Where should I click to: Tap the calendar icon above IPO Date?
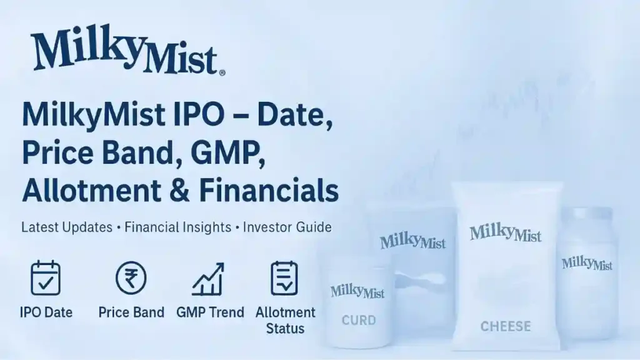click(46, 278)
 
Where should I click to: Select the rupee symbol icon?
click(131, 278)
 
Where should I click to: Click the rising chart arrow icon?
click(208, 279)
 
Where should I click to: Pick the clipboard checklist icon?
click(284, 278)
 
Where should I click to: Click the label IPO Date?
click(46, 312)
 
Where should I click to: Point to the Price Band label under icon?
click(131, 312)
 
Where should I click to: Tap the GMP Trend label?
click(210, 312)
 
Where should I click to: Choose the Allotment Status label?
click(286, 319)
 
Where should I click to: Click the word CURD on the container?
click(359, 321)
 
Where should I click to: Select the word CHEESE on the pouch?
click(506, 326)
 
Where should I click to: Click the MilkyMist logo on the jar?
click(587, 263)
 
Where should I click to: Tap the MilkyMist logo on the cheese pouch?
click(506, 234)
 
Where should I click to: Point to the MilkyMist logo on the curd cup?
click(357, 291)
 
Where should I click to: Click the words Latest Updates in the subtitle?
click(67, 227)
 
